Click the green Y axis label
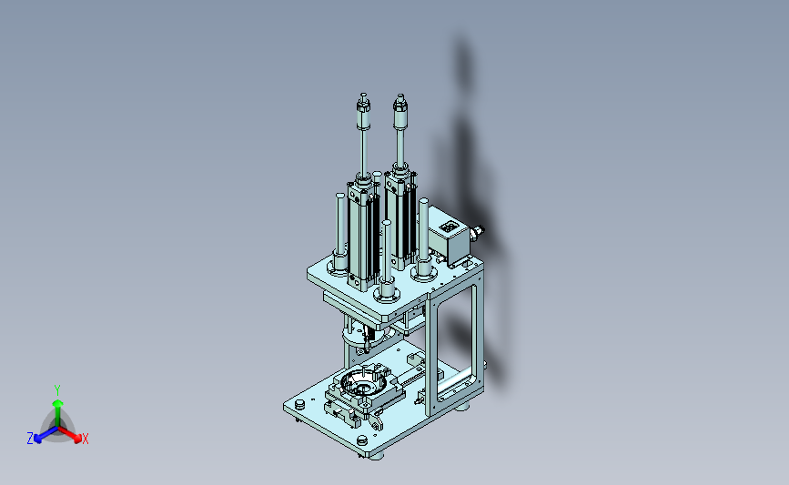tap(56, 390)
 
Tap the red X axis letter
tap(85, 440)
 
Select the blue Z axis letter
tap(30, 439)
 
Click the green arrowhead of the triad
tap(57, 403)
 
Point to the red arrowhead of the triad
tap(77, 439)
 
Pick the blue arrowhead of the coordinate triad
tap(38, 439)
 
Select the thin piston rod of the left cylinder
tap(363, 152)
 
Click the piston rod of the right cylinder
tap(400, 147)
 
